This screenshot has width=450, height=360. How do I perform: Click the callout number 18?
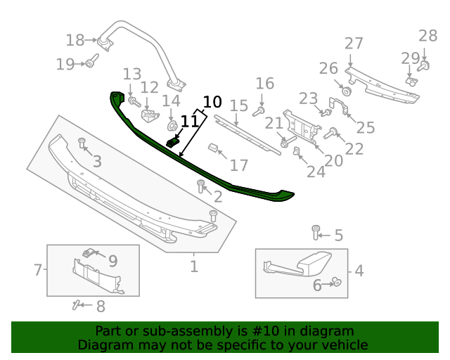(75, 40)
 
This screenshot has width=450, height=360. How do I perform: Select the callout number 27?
(354, 44)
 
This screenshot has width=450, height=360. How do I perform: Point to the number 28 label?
(427, 36)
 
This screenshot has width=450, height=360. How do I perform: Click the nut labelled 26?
(347, 91)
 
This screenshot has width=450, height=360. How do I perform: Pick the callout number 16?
(264, 84)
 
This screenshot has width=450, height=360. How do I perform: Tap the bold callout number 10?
(212, 101)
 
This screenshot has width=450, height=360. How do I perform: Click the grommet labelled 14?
(171, 127)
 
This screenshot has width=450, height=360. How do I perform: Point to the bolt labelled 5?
(316, 231)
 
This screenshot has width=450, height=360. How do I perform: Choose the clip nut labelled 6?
(337, 283)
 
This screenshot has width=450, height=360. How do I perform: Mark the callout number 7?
(39, 269)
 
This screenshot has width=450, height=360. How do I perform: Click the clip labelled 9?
(89, 252)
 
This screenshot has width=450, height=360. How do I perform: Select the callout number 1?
(194, 266)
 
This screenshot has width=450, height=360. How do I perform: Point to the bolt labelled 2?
(201, 186)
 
